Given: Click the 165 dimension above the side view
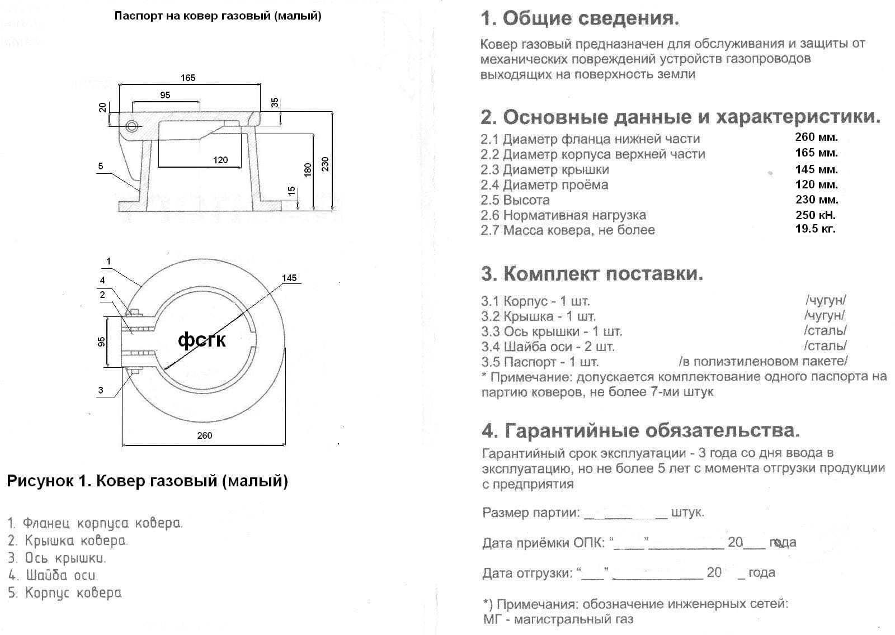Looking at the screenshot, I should tap(188, 78).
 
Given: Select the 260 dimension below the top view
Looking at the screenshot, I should tap(205, 435).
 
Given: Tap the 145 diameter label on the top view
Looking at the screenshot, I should tap(289, 278).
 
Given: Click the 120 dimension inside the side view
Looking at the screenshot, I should tap(220, 160).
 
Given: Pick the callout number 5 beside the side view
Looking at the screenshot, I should tap(101, 166).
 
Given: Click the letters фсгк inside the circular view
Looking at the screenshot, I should tap(202, 339).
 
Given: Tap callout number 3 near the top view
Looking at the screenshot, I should tap(101, 390).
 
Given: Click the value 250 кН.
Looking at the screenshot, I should tap(816, 215).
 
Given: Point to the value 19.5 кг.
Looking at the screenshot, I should tap(815, 229).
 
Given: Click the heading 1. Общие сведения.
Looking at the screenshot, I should tap(580, 18).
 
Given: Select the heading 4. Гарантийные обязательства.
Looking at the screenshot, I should tap(640, 430).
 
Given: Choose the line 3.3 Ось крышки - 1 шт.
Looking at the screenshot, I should tap(552, 331).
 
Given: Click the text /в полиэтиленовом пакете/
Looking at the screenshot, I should tap(763, 361).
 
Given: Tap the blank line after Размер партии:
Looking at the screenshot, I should tap(625, 513).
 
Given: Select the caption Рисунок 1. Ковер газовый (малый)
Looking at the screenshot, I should tap(147, 481).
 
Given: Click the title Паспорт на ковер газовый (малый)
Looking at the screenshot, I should tap(218, 16).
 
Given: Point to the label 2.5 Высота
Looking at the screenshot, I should tap(515, 200).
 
